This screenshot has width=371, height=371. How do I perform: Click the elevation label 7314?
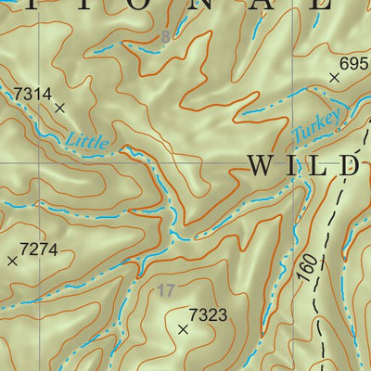click(32, 94)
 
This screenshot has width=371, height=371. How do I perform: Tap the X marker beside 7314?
click(60, 109)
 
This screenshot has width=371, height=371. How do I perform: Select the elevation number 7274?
click(39, 249)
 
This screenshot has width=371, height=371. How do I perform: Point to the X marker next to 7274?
click(12, 262)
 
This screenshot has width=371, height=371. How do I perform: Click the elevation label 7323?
click(208, 315)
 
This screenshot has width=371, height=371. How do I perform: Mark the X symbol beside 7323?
click(183, 329)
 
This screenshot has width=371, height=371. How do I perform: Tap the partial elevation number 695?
click(354, 63)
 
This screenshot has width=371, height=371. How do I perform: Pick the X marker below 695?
click(334, 79)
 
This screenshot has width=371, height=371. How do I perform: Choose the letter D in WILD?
click(349, 166)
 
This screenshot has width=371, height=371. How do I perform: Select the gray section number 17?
click(165, 290)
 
